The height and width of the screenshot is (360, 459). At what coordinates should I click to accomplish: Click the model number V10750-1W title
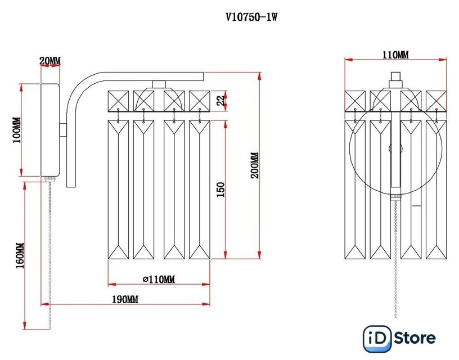251,17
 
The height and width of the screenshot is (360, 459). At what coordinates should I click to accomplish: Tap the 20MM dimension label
50,61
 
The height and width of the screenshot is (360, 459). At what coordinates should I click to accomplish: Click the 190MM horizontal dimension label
125,300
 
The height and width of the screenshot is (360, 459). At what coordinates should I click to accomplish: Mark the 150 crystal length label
220,189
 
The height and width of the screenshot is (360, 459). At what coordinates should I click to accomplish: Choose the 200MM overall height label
254,165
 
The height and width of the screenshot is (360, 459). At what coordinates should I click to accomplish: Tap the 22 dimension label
221,101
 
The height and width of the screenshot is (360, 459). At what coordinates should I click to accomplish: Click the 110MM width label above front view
395,55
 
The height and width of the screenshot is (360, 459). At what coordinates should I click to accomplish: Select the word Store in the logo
415,338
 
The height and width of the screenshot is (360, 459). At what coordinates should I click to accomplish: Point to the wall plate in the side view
50,130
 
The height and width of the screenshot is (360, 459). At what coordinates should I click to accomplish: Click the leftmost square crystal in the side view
118,102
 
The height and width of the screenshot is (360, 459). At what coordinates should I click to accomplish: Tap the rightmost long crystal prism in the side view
199,189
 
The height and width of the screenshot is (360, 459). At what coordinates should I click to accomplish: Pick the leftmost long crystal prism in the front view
355,189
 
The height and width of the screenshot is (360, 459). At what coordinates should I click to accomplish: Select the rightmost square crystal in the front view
436,102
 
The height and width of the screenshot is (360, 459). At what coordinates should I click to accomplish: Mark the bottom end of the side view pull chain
49,328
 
